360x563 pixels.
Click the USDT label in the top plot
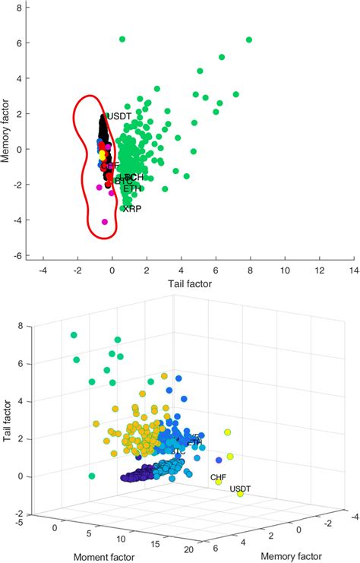[119, 116]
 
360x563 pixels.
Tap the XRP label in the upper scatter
[131, 207]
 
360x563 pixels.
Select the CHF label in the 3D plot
[218, 477]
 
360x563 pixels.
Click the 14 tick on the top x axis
[354, 269]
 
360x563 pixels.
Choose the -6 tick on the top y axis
[17, 256]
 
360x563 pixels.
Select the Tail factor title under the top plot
[190, 283]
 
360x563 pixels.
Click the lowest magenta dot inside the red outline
[105, 222]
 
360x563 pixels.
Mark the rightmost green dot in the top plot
[249, 40]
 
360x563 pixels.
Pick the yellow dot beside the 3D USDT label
[241, 495]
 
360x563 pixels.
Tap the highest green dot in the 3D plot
[74, 335]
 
